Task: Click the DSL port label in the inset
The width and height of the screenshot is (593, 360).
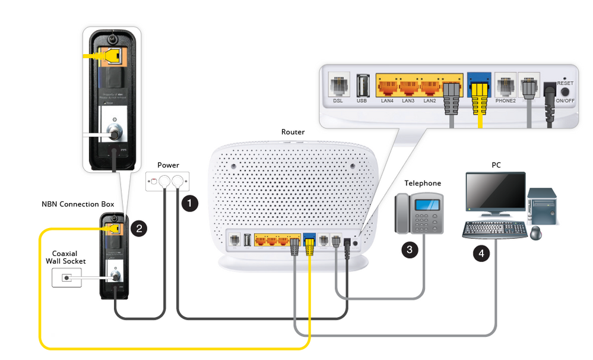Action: point(338,101)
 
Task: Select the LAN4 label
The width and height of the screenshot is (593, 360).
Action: point(388,101)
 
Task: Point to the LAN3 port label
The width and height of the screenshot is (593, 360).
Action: point(408,101)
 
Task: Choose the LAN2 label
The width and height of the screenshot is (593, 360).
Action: point(430,101)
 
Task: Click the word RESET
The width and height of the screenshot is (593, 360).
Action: point(565,84)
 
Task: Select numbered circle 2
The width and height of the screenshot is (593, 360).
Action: point(138,228)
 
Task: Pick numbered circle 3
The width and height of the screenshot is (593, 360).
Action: point(410,250)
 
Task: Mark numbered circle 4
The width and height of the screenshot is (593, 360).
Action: point(481,254)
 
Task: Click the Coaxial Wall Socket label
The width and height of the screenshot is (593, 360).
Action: point(69,257)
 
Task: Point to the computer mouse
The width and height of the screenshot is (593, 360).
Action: point(535,232)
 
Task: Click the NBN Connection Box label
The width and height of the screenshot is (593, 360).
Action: point(78,204)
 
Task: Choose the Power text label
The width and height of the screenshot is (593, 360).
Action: point(168,165)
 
